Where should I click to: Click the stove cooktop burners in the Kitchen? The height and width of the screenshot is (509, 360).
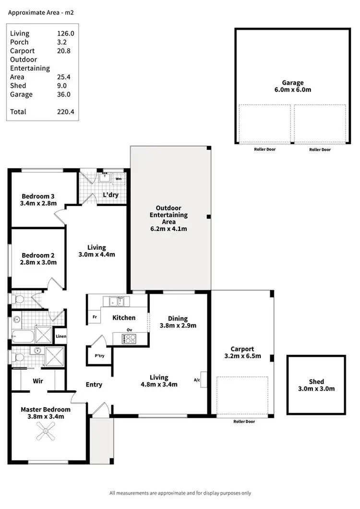[x=129, y=339]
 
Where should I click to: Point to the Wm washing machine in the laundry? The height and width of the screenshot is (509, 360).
[x=118, y=179]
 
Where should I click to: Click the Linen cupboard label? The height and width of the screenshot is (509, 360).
[x=60, y=336]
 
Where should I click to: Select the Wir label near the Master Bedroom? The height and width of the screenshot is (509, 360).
[x=38, y=381]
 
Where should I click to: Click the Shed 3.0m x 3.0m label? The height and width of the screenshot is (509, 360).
[x=316, y=385]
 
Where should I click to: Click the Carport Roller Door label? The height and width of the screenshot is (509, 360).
[x=243, y=422]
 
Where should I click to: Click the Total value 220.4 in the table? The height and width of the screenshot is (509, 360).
[x=64, y=112]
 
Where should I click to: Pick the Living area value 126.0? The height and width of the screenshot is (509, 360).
[x=64, y=34]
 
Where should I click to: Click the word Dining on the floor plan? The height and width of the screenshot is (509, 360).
[x=178, y=318]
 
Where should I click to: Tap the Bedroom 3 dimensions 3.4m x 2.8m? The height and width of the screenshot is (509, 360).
[x=39, y=203]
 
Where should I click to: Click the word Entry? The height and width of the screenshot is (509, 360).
[x=94, y=384]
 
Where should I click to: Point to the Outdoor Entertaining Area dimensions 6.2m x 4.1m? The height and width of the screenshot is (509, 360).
[x=168, y=229]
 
